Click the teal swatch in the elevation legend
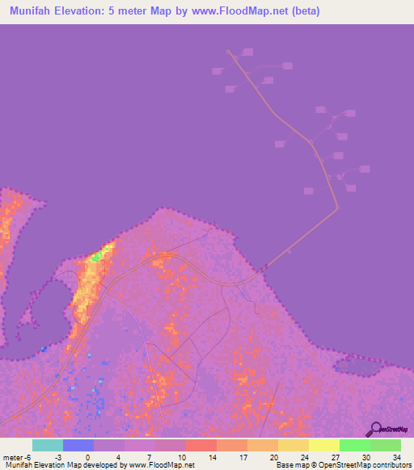click(48, 445)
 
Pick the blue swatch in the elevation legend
click(78, 445)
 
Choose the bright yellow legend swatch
click(323, 445)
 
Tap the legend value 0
click(87, 457)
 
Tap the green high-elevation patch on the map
click(98, 257)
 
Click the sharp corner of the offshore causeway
click(337, 208)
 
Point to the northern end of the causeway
click(229, 51)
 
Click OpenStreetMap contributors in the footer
click(368, 465)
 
